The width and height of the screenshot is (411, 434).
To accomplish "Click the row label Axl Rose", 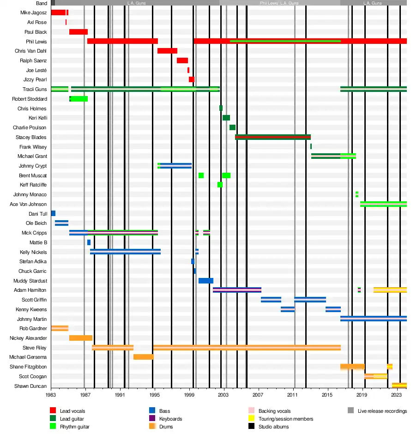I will click(37, 22).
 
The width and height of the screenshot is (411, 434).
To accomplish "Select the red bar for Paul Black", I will click(78, 32).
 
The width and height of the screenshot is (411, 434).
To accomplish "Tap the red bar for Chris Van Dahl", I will click(167, 51).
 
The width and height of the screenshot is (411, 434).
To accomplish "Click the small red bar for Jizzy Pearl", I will click(191, 79).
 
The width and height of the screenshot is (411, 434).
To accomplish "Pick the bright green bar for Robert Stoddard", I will click(79, 99).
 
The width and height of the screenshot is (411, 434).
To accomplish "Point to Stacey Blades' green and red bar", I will click(272, 137).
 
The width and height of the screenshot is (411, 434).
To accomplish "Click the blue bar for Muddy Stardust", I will click(205, 281).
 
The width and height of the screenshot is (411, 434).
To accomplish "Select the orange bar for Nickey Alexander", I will click(80, 338).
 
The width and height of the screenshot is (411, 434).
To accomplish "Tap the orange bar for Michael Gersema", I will click(143, 357).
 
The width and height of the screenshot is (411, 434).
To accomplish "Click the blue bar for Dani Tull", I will click(53, 213).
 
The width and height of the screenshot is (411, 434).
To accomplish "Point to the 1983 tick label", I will click(51, 396).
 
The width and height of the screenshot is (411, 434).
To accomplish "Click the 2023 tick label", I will click(396, 396).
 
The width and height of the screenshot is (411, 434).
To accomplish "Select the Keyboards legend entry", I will click(170, 419).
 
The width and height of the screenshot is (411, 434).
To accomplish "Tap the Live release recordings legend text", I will click(382, 411).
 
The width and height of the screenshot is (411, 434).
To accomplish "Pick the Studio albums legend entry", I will click(273, 427).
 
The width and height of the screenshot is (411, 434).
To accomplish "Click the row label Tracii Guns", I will click(35, 89).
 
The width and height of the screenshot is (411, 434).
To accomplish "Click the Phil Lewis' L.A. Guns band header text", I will click(279, 3).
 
